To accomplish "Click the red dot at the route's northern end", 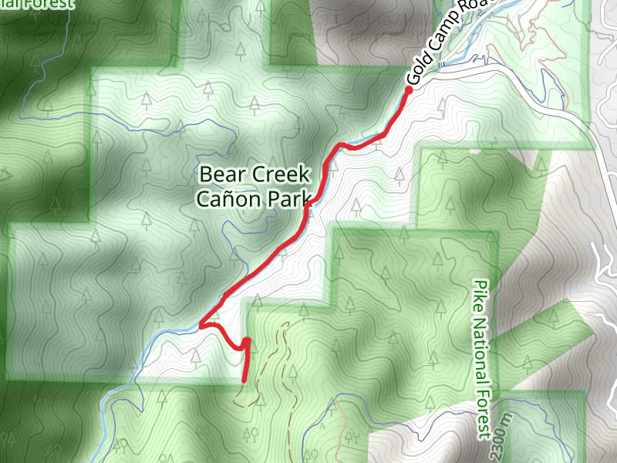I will [x=409, y=90].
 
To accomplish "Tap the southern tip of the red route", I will [x=244, y=380].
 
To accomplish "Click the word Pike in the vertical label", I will [x=482, y=293].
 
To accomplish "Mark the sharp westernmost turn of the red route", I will [x=201, y=326].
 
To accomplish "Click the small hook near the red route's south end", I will [x=247, y=340].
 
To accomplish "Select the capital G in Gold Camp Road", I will [x=412, y=80].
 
